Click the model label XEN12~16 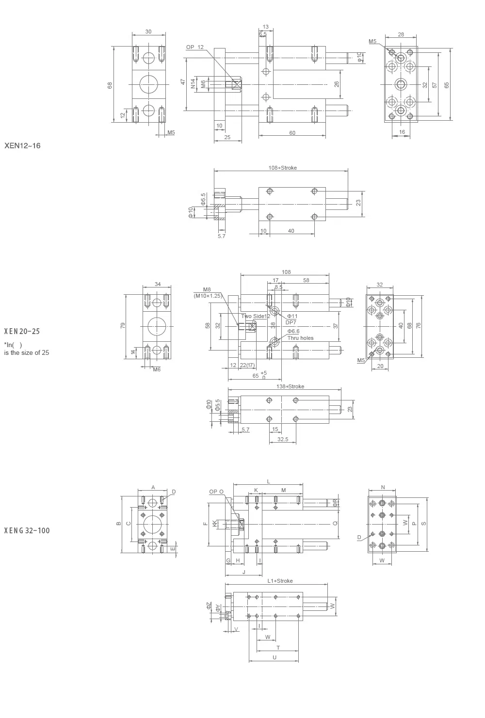pos(22,145)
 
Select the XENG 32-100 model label pos(27,530)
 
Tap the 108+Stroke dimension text pos(282,168)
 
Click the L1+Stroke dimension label pos(280,581)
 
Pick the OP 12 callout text pos(195,47)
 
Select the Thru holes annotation pos(300,338)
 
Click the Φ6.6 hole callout pos(293,331)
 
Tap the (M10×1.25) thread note pos(207,295)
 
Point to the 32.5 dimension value pos(282,439)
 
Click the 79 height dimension pos(123,325)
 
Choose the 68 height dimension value pos(110,85)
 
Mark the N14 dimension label pos(193,84)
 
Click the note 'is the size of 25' pos(27,352)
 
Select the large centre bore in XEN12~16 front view pos(148,84)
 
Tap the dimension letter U pos(275,657)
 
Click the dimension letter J pos(243,572)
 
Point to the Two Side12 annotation pos(255,316)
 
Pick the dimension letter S pos(423,524)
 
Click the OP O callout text pos(216,492)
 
